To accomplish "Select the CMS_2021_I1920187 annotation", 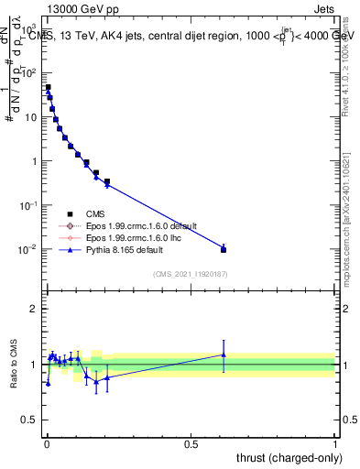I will tap(189, 273).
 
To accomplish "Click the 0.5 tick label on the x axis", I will tap(191, 443).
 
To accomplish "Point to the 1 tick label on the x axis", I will tap(335, 443).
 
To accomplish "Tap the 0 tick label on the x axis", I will tap(46, 443).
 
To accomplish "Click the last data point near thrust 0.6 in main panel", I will tap(224, 249).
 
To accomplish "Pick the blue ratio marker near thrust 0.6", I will tap(224, 354).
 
